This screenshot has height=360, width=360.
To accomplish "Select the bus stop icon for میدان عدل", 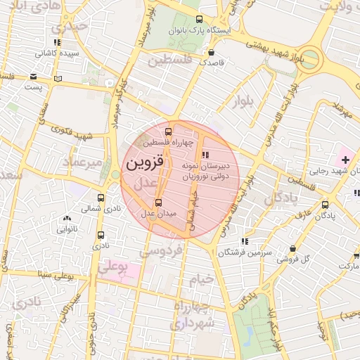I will tap(157, 202).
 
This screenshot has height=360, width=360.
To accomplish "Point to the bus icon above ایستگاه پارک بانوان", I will tap(199, 20).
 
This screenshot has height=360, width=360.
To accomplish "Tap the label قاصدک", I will tap(212, 62).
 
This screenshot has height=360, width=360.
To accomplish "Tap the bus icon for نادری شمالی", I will tap(101, 198).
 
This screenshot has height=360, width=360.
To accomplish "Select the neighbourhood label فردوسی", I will tap(162, 250).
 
